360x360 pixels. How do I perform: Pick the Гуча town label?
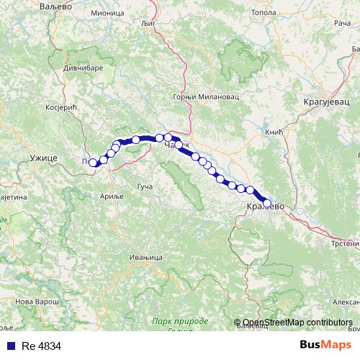point(144,187)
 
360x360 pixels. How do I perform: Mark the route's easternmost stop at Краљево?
point(266,203)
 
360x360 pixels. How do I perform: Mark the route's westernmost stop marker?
point(92,163)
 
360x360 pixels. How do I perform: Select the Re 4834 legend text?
point(41,346)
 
